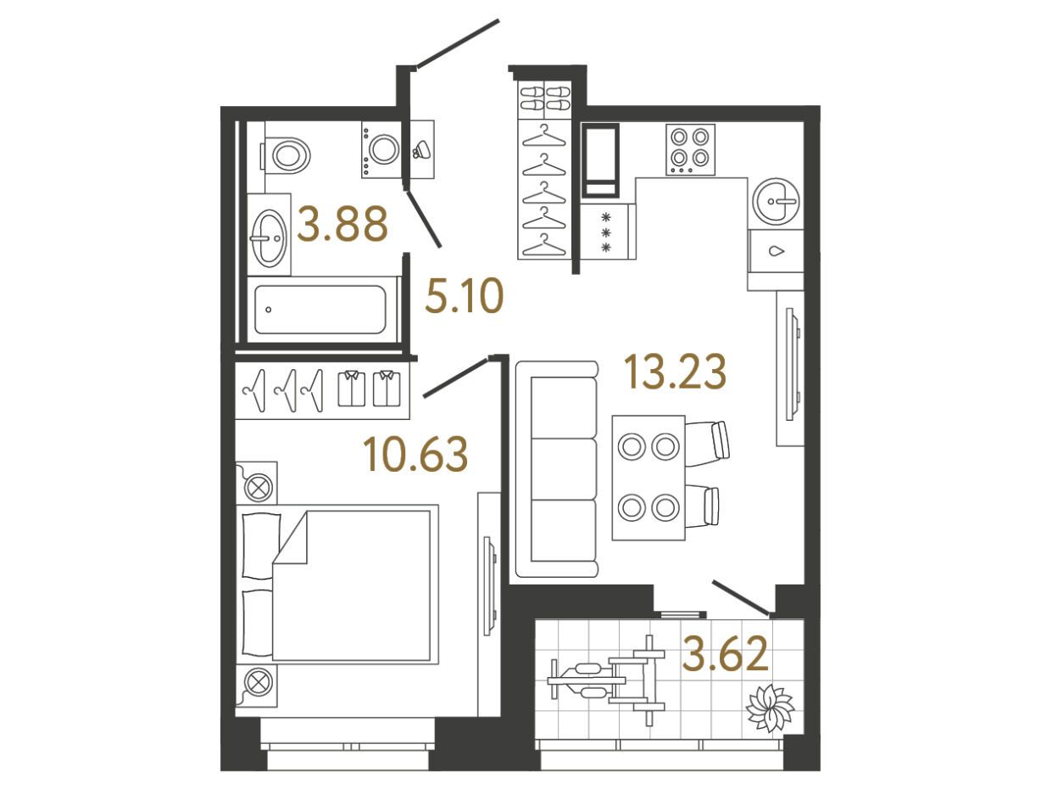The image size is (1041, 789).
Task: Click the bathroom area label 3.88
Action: pos(342,223)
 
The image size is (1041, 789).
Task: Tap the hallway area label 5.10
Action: pos(464,296)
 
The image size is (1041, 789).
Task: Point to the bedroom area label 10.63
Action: pos(415,454)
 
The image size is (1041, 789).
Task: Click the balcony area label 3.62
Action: pos(725,654)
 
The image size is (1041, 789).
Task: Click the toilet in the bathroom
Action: pos(286,155)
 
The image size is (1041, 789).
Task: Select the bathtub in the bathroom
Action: pos(321,310)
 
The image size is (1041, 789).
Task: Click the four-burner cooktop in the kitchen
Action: pos(690,149)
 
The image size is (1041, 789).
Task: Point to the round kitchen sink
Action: pos(777,200)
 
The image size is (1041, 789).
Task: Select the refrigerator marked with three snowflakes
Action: pos(608,232)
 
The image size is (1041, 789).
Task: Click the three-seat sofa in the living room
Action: pos(556,469)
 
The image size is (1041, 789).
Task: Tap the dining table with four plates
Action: pos(649,478)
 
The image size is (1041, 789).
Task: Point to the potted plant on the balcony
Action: pos(770,708)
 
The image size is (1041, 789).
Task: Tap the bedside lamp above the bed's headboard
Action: pos(257,483)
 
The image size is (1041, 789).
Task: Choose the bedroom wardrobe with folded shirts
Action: pos(322,390)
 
